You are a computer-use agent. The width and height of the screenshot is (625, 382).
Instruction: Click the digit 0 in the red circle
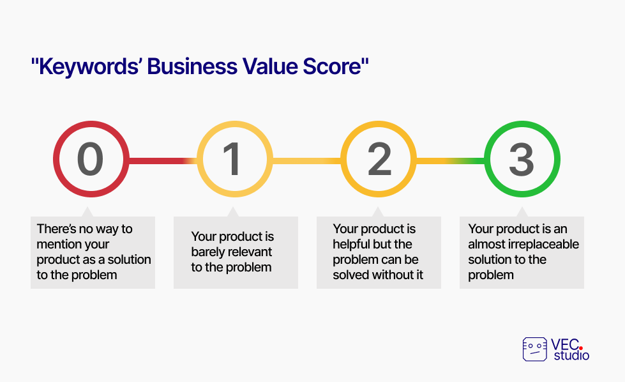point(91,159)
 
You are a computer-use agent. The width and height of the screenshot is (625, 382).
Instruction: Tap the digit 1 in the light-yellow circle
point(232,159)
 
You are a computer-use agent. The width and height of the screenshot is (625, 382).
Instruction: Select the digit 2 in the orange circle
point(379,159)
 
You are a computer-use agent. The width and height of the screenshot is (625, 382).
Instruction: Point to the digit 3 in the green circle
point(522,159)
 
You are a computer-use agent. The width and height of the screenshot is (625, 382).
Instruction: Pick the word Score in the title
point(331,66)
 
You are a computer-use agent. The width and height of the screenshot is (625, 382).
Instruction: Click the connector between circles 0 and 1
point(163,161)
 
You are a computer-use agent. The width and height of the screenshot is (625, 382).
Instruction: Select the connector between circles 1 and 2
point(306,161)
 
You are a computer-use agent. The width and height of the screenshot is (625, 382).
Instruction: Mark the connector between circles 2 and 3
point(451,161)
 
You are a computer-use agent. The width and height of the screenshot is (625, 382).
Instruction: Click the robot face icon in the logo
point(534,349)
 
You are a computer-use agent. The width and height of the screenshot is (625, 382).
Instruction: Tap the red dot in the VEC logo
point(581,348)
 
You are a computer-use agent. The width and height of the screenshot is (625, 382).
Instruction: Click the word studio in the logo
point(571,355)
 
